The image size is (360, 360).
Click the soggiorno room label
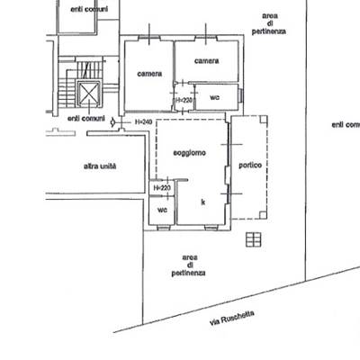tap(190, 153)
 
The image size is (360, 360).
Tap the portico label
tap(250, 165)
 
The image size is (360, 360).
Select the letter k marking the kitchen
tap(203, 202)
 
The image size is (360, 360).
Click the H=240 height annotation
tap(144, 122)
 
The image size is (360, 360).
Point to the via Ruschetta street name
tap(232, 318)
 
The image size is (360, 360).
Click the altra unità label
tap(100, 166)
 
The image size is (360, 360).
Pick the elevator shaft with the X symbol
tap(88, 94)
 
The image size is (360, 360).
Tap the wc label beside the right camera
tap(214, 97)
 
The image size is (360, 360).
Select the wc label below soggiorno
tap(162, 210)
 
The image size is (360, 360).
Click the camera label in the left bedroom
tap(149, 74)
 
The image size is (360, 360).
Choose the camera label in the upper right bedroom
tap(206, 61)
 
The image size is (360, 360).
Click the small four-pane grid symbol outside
tap(254, 239)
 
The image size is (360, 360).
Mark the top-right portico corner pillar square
tap(264, 120)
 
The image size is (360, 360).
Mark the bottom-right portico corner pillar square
tap(263, 215)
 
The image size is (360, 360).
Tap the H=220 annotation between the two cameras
tap(184, 100)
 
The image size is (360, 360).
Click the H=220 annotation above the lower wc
tap(162, 188)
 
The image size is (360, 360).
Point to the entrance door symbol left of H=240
tap(113, 122)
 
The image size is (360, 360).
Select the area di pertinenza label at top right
tap(269, 23)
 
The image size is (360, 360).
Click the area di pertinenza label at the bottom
tap(189, 265)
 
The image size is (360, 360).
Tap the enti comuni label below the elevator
tap(86, 119)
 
